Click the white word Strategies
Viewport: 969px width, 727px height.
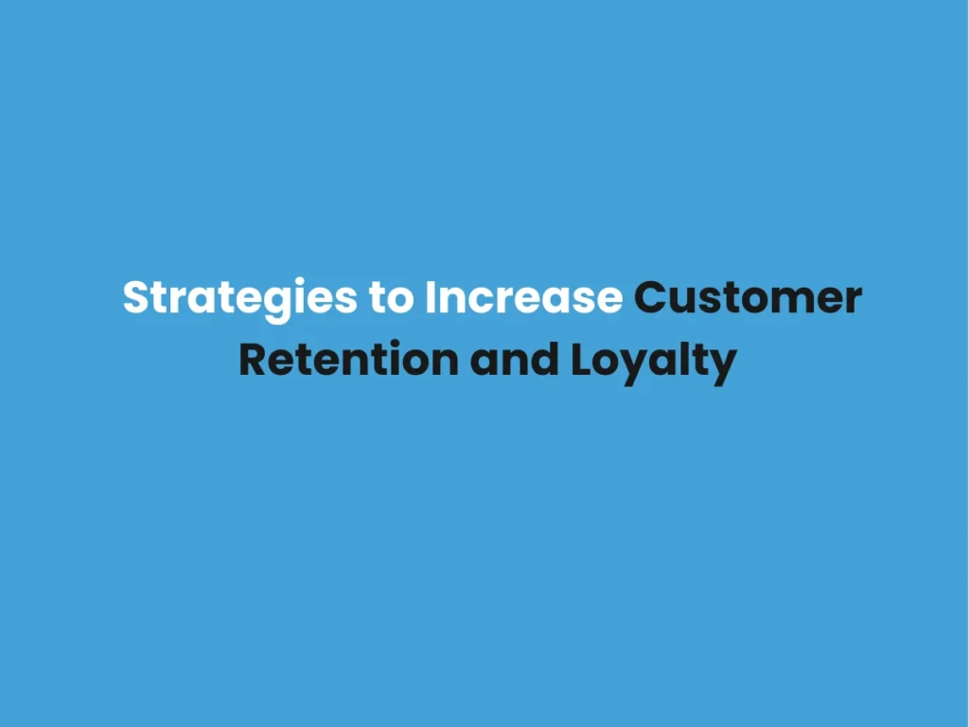[x=238, y=298]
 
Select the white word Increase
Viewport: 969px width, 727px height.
[x=523, y=298]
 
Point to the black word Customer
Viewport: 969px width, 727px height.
[x=748, y=298]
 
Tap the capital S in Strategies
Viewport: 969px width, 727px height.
[x=136, y=298]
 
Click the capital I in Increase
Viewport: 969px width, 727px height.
[x=431, y=298]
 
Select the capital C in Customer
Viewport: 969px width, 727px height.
[x=649, y=298]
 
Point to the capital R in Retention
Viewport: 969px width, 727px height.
[x=252, y=361]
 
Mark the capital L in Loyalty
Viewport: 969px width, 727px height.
[x=581, y=361]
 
